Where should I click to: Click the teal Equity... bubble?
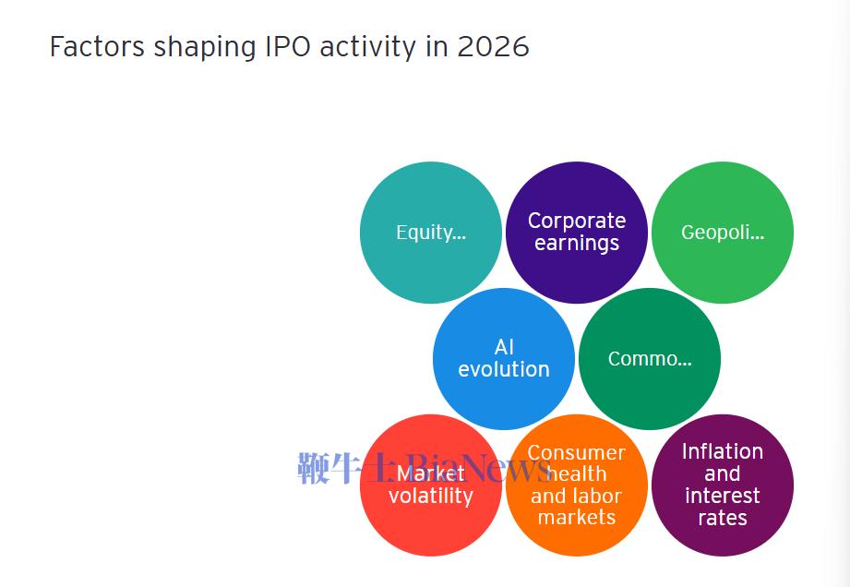(430, 233)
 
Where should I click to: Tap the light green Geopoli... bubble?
(722, 233)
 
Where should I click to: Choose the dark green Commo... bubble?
(649, 359)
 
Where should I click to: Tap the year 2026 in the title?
(493, 47)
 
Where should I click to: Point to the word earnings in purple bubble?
(576, 244)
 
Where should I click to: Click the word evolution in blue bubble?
(503, 369)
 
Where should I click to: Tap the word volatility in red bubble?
(430, 497)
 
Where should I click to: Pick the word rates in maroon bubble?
(722, 518)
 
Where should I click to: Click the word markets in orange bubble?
(576, 518)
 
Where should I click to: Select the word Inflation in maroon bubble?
(722, 451)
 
